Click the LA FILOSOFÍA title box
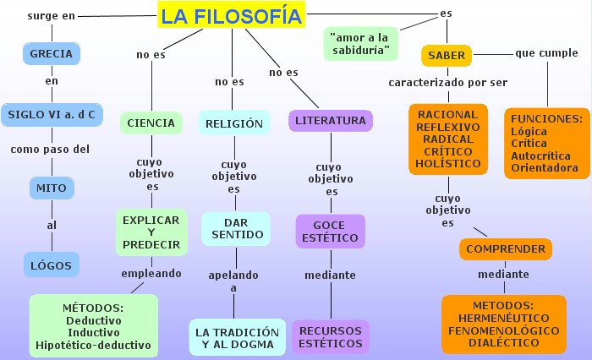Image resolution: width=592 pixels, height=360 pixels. point(231,15)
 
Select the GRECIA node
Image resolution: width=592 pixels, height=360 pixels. point(51,54)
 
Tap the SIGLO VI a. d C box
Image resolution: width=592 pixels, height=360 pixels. point(51,114)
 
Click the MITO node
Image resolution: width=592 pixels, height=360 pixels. point(52,187)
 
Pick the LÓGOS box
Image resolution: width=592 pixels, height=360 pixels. point(51,265)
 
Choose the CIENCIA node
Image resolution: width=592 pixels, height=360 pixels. point(151,123)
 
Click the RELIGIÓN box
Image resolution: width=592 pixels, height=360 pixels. point(234,123)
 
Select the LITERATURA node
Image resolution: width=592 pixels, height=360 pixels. point(331,121)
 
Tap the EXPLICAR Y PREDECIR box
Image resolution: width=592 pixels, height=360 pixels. point(151,232)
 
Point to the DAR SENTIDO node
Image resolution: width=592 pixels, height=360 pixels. point(234,227)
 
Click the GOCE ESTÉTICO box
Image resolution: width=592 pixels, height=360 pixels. point(330,232)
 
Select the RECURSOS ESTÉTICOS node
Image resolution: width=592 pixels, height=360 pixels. point(330,336)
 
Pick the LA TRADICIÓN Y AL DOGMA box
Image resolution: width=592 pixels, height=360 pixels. point(237,337)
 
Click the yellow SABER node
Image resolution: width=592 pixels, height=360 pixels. point(447,56)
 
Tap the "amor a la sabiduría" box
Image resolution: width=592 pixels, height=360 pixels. point(361,44)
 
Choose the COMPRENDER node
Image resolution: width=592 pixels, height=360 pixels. point(506,249)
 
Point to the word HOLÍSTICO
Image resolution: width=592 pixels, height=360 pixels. point(448,163)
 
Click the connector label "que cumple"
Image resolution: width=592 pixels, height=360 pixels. point(547,54)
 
